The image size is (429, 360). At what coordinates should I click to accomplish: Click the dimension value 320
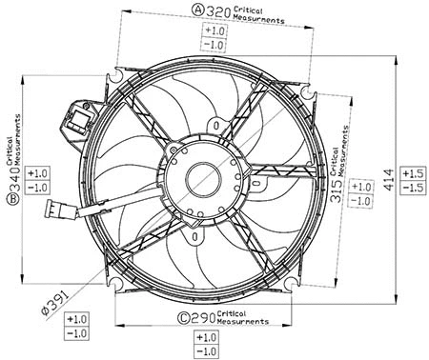click(x=220, y=10)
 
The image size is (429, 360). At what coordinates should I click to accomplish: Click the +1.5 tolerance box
click(x=412, y=173)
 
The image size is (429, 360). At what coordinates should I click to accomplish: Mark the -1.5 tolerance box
click(x=412, y=189)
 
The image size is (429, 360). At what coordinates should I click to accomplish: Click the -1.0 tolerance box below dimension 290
click(x=205, y=352)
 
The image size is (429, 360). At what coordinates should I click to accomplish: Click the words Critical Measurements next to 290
click(x=237, y=317)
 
